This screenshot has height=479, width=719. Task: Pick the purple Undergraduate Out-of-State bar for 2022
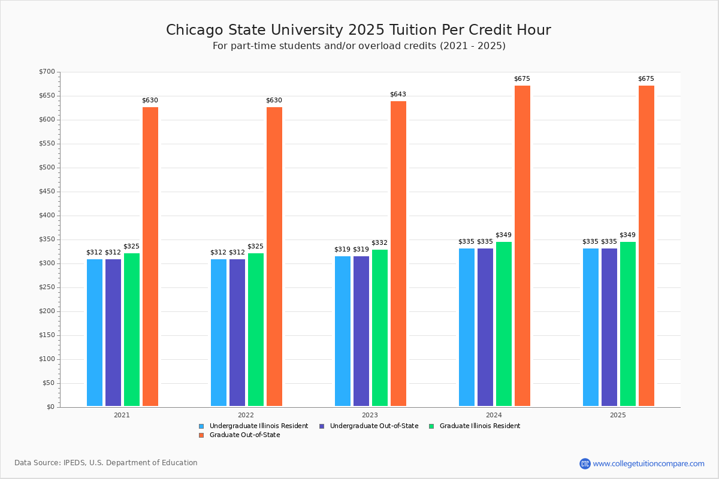[x=237, y=332]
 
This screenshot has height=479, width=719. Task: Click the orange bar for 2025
[x=647, y=245]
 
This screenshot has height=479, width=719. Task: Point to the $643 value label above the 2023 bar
[x=398, y=95]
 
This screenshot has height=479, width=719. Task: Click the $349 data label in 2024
[x=503, y=235]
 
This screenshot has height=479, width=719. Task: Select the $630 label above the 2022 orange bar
[x=274, y=101]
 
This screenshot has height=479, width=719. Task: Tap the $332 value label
[x=379, y=243]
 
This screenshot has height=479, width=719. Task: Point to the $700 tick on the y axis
[x=47, y=72]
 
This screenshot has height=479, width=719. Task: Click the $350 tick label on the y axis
[x=47, y=239]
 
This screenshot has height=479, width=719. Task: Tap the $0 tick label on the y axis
[x=50, y=407]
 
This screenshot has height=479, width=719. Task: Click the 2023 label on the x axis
[x=370, y=415]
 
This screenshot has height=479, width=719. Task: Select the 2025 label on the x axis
[x=618, y=415]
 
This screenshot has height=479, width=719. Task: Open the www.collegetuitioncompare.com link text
[x=648, y=463]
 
